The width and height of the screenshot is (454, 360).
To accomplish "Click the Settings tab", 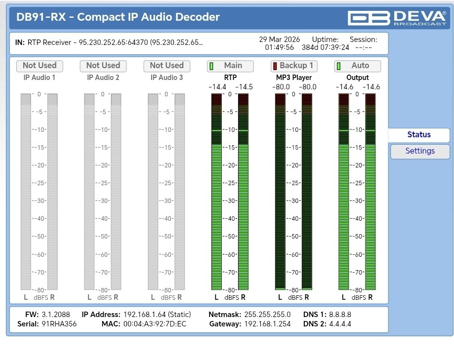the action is tap(420, 151).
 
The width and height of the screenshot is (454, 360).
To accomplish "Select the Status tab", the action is tap(418, 134).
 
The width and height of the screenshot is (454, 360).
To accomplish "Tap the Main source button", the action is tap(230, 66).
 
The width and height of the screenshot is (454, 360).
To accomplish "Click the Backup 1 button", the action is tap(294, 66).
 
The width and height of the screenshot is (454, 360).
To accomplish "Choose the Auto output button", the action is tap(358, 66).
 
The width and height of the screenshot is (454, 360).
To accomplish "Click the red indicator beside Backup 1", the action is tap(275, 66).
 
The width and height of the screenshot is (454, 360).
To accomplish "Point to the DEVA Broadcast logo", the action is tap(397, 18).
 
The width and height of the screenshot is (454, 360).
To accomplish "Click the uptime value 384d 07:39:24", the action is tap(326, 47).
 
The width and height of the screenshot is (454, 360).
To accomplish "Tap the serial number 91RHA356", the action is tap(59, 324).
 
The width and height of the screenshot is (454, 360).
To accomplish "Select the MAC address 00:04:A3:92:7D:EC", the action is tap(155, 324).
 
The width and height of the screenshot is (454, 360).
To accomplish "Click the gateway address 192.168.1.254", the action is tap(267, 324).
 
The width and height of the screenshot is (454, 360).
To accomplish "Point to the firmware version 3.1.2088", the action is tap(56, 315).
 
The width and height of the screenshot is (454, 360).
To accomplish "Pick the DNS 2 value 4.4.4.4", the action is tap(340, 324).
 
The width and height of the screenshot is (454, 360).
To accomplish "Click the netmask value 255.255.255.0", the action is tap(267, 315).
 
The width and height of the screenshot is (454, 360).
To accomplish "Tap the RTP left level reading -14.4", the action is tap(217, 87).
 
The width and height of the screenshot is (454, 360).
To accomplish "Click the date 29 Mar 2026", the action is tap(280, 40).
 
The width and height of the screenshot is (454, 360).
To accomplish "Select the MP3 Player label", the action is tap(294, 78).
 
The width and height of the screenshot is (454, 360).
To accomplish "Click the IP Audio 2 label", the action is tap(103, 78).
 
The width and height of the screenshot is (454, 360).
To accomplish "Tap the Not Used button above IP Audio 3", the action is tap(167, 66).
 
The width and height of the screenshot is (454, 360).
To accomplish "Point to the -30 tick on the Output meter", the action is tap(358, 201).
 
